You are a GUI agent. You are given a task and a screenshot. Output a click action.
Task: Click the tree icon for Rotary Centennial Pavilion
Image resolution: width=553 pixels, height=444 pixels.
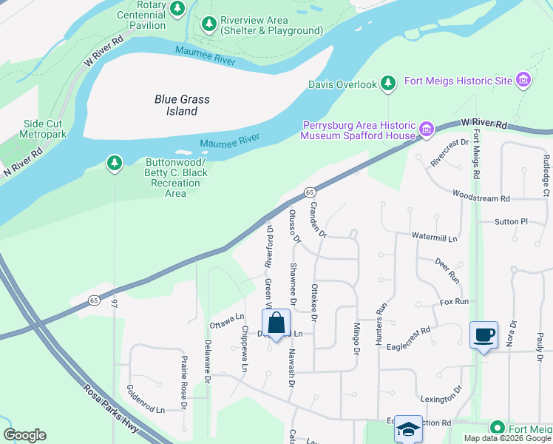(177, 9)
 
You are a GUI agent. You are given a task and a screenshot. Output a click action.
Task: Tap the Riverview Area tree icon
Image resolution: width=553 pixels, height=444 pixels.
(209, 24)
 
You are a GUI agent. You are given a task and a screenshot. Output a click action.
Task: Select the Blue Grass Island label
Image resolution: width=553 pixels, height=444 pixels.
(182, 105)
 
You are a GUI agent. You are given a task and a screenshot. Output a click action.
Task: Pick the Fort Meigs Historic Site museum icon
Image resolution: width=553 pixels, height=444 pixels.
(523, 80)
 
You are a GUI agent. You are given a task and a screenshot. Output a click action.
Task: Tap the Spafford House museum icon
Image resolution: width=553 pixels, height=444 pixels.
(426, 130)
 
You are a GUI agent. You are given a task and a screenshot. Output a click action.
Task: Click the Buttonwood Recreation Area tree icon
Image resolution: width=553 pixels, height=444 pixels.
(114, 162)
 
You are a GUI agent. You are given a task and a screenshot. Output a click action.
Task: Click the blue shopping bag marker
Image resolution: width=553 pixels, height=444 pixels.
(276, 324)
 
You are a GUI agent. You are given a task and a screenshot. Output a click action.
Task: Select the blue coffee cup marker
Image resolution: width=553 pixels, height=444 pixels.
(484, 335)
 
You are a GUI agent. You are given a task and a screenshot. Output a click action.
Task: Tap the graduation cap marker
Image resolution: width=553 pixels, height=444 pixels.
(407, 429)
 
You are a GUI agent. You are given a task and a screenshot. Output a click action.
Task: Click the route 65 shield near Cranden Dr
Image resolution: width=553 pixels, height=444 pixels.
(310, 192)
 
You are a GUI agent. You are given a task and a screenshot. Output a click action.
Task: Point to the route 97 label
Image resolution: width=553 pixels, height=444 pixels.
(115, 303)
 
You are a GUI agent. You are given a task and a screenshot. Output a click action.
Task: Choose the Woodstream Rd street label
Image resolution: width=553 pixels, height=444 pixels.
(481, 198)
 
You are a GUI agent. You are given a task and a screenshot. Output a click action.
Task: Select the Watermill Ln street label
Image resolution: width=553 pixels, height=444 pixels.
(435, 238)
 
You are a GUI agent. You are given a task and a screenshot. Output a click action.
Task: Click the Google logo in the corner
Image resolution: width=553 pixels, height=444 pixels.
(24, 435)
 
